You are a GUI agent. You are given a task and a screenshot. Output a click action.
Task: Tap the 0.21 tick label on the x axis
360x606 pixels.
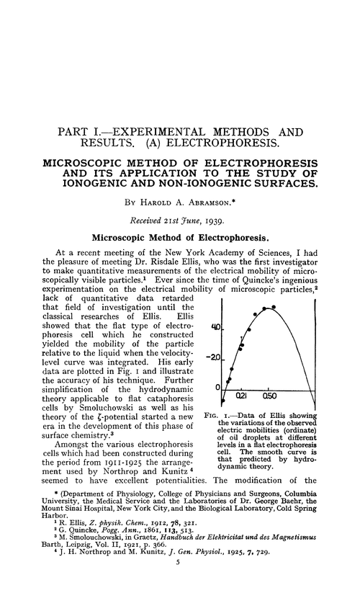pos(242,396)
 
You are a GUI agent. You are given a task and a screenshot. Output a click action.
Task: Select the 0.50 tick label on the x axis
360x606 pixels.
pos(269,396)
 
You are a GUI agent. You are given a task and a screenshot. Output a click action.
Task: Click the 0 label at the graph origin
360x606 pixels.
pos(216,388)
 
